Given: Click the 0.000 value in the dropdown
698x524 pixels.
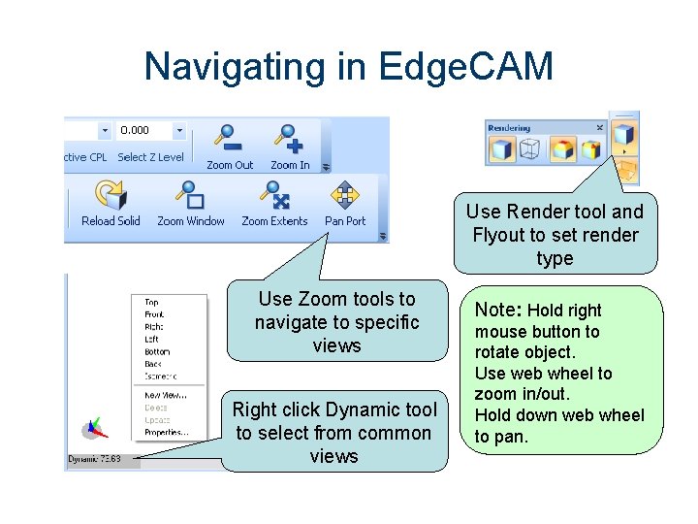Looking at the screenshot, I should (x=135, y=130).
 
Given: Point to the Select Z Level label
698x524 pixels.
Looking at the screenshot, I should (x=150, y=157).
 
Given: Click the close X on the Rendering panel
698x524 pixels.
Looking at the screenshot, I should (x=599, y=127).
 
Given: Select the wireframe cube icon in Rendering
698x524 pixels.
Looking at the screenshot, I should (x=529, y=149).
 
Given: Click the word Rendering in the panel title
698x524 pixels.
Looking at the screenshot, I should (x=509, y=127).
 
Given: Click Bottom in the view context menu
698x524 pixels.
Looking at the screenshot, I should (x=157, y=351).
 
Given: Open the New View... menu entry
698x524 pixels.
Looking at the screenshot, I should (x=165, y=395).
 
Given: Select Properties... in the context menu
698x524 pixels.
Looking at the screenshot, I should (x=166, y=433).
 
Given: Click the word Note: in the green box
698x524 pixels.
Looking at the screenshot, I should (x=497, y=310).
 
